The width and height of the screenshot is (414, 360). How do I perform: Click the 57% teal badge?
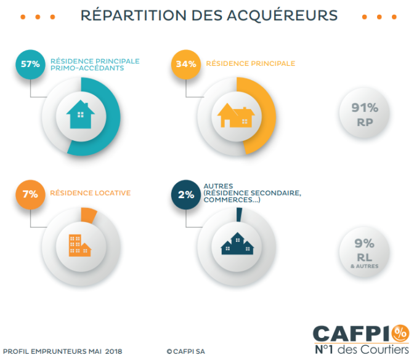coord(30,64)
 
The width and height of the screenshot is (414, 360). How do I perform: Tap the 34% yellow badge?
coord(185,64)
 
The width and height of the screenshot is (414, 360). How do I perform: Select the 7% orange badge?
coord(30,194)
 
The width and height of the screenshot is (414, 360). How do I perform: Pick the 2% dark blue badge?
coord(185,194)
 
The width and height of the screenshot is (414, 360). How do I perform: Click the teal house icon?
coord(81,115)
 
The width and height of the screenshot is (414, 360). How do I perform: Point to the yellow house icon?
coord(237,115)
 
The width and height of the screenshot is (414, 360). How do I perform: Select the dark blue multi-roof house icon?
coord(237,244)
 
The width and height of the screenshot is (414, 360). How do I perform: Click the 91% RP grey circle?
coord(365,114)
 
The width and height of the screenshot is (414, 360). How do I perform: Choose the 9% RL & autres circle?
coord(365,253)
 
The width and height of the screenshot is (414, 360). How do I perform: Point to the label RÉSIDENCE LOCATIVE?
coord(90,193)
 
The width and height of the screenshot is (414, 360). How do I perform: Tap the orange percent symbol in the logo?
coord(400,333)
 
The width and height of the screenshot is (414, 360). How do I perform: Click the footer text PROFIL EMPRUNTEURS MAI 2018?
coord(63,351)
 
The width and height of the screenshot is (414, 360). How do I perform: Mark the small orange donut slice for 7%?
coord(88,215)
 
